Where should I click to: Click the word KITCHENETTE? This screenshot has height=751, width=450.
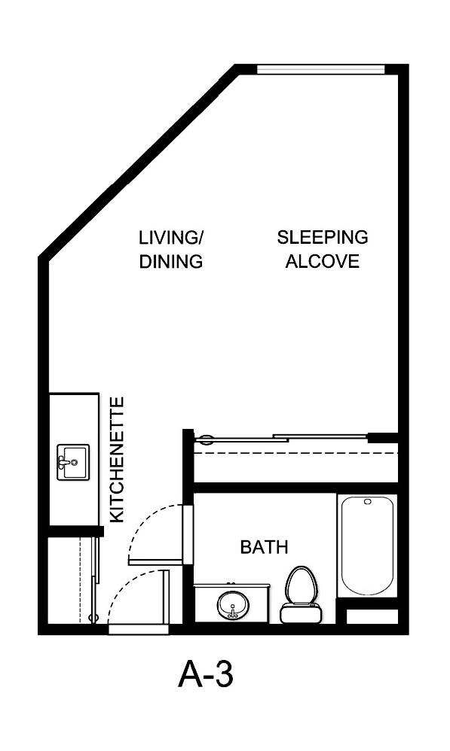(117, 460)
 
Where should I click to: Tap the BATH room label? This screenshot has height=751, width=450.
(264, 547)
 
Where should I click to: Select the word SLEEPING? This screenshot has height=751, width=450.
(323, 238)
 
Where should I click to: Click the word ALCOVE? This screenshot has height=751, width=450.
(322, 263)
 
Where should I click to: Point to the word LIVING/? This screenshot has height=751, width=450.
(171, 238)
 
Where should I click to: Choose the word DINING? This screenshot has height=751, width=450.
(171, 263)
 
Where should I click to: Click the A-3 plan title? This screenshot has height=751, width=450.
(206, 675)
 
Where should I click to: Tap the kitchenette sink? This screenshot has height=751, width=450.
(73, 461)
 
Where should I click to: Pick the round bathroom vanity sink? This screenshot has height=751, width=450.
(233, 604)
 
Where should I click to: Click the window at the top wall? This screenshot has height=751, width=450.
(321, 69)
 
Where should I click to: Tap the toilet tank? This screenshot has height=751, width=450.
(299, 613)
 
